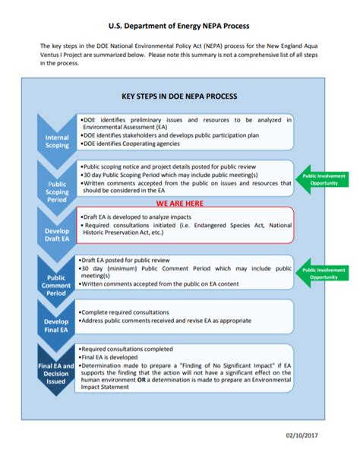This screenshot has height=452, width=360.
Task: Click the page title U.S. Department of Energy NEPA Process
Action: click(179, 26)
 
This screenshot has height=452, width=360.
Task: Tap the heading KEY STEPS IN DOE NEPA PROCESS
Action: click(179, 96)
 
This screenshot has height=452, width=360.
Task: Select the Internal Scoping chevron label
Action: click(57, 141)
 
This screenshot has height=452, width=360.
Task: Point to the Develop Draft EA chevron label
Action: click(57, 233)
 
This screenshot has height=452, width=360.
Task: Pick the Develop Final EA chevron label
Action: click(57, 327)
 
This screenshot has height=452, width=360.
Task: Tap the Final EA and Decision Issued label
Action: click(57, 371)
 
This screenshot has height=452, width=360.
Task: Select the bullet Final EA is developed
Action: click(115, 356)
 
